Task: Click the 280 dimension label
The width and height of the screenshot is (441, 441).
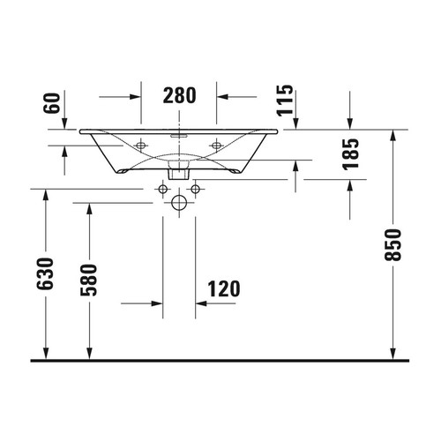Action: coord(179,94)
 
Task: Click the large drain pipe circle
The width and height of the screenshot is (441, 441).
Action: coord(179,204)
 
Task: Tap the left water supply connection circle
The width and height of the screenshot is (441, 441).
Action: coord(164,189)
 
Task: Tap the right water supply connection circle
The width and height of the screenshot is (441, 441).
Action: coord(194,189)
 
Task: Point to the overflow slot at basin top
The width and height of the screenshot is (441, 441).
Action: coord(179,137)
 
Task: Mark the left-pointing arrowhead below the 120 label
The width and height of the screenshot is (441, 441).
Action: coord(200,303)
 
